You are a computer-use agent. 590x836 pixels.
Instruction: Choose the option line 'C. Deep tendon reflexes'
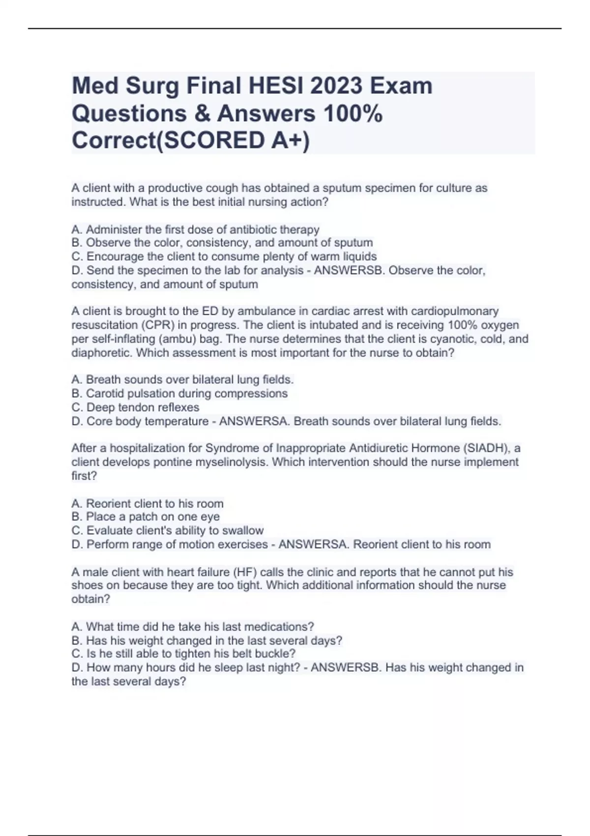coord(135,407)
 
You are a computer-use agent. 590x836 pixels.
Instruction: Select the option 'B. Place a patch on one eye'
coord(146,517)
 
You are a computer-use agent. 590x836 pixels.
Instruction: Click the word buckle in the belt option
coord(278,654)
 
